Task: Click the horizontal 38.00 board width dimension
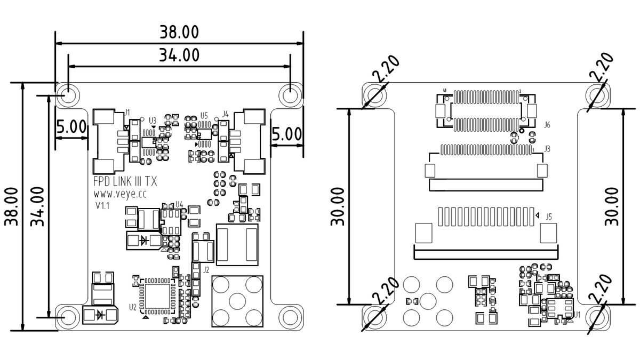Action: pyautogui.click(x=179, y=33)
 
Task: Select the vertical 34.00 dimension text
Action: pyautogui.click(x=37, y=206)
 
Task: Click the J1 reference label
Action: pyautogui.click(x=127, y=112)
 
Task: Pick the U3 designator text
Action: pyautogui.click(x=153, y=120)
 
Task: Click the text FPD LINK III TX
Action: pyautogui.click(x=125, y=182)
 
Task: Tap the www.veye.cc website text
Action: pyautogui.click(x=119, y=195)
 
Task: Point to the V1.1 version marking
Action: pyautogui.click(x=102, y=206)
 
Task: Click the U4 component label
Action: pyautogui.click(x=179, y=204)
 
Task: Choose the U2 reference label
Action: pyautogui.click(x=132, y=307)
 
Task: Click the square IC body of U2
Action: pyautogui.click(x=157, y=295)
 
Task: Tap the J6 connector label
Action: pyautogui.click(x=547, y=125)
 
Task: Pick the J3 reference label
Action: pyautogui.click(x=547, y=148)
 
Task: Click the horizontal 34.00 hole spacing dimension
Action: pyautogui.click(x=179, y=55)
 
